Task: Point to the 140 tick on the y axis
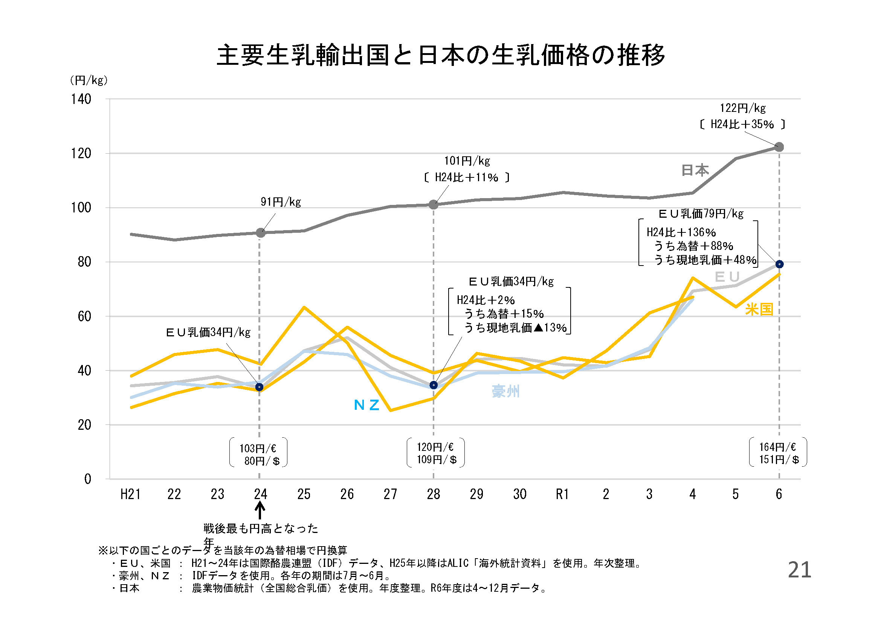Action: point(81,99)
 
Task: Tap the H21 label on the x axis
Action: point(130,494)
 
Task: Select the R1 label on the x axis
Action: point(562,494)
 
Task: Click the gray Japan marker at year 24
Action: point(261,233)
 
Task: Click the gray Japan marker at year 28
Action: point(434,205)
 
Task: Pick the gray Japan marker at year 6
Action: point(779,147)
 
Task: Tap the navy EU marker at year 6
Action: point(779,264)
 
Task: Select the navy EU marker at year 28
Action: point(434,385)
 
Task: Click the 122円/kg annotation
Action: point(743,108)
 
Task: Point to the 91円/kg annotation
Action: point(281,202)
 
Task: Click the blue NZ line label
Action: point(366,405)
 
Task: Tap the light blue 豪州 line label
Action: point(506,391)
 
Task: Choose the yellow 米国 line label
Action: point(759,309)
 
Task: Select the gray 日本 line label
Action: point(695,170)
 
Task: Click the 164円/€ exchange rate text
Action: point(777,447)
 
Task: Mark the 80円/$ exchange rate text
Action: point(262,461)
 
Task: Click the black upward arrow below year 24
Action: point(260,511)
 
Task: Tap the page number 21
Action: point(800,570)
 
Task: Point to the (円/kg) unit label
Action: point(89,80)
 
